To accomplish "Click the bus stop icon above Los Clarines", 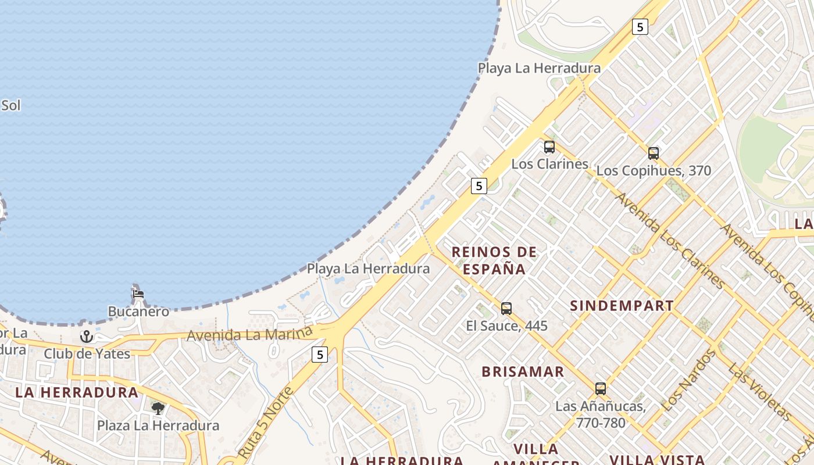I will pos(549,147).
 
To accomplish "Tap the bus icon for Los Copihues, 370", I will pos(654,153).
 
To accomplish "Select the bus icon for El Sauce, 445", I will pos(506,309).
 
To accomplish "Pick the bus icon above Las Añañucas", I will pos(601,389).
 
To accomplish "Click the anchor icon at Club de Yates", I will pos(87,336).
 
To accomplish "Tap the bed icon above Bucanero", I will pos(138,294).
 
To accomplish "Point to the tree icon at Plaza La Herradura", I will pos(158,408).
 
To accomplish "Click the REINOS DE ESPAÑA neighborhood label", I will pos(494,260).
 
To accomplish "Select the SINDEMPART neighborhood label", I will pos(622,306).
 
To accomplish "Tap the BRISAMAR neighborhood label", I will pos(523,371).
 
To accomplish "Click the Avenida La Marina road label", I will pos(249,335).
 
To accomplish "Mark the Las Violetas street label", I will pos(759,392).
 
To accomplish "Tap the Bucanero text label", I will pos(138,312).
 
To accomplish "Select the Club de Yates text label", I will pos(87,353).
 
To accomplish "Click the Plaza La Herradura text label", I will pos(158,425).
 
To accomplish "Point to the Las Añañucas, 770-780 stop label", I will pos(601,414).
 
